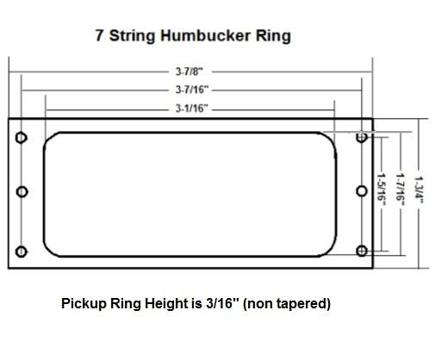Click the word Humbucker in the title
click(202, 36)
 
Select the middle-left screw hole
click(22, 192)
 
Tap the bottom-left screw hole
click(22, 251)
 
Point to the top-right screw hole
click(362, 137)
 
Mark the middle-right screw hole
click(362, 192)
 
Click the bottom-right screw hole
click(362, 251)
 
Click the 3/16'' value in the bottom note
click(228, 304)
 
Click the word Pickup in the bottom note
click(82, 304)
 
